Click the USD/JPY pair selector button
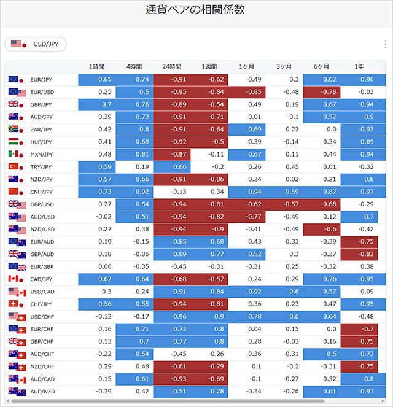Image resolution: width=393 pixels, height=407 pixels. (x=35, y=44)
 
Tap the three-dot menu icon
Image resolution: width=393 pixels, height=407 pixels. (x=385, y=44)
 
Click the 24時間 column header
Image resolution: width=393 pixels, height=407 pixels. (x=171, y=67)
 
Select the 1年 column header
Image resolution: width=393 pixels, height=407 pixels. (x=359, y=67)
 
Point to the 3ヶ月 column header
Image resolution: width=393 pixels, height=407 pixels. (x=284, y=67)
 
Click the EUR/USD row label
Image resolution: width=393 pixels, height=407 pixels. (x=42, y=92)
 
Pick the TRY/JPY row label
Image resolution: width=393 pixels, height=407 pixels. (x=42, y=167)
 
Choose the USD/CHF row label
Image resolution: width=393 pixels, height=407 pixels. (x=42, y=317)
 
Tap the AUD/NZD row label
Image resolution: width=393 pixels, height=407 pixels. (x=42, y=392)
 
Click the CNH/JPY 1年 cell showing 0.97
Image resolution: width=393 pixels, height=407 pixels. (x=363, y=192)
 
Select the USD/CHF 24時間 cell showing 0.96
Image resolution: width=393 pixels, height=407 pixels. (x=172, y=317)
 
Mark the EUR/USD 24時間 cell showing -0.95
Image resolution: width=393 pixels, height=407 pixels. (x=172, y=92)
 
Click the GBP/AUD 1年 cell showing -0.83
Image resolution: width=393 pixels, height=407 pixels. (x=359, y=254)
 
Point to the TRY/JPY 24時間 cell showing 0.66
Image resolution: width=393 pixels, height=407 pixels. (x=172, y=167)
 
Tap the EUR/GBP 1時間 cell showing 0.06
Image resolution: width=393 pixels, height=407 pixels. (x=105, y=266)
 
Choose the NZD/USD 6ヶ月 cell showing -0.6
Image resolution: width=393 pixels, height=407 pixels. (x=322, y=229)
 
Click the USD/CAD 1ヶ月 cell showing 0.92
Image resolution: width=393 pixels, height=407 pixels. (x=247, y=292)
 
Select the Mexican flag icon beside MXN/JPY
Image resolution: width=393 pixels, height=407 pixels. (x=14, y=154)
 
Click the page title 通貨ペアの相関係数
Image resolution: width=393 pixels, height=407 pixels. (x=195, y=10)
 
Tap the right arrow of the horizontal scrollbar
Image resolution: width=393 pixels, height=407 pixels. (x=383, y=401)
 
